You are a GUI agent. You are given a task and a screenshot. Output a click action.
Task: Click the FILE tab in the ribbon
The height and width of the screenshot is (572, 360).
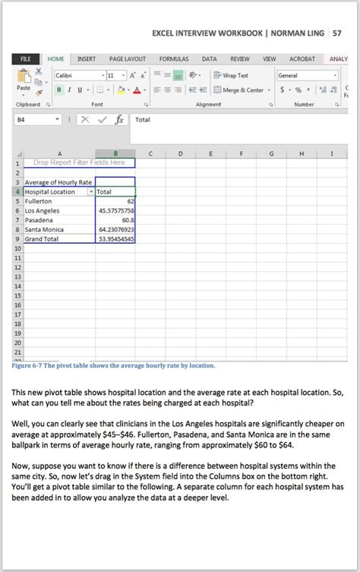click(x=25, y=58)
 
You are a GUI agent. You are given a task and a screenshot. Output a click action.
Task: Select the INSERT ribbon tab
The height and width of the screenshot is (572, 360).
click(x=87, y=58)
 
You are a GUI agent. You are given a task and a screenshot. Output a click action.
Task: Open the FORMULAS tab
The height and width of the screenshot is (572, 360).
click(x=174, y=58)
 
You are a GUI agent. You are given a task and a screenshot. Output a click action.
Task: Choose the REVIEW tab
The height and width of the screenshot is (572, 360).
click(x=240, y=58)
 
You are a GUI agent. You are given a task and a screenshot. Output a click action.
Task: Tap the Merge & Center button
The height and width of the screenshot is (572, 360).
click(x=238, y=90)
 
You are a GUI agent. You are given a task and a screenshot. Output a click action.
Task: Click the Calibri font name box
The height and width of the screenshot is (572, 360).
click(x=76, y=75)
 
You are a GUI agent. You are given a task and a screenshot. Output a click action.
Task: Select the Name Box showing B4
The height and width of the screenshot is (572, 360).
click(x=34, y=120)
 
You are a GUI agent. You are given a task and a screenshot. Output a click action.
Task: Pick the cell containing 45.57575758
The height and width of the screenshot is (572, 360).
click(x=116, y=210)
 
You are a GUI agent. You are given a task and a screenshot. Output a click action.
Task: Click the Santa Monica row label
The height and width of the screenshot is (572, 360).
click(x=43, y=229)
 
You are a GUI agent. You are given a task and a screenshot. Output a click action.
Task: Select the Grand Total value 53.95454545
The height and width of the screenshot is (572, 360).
click(x=116, y=239)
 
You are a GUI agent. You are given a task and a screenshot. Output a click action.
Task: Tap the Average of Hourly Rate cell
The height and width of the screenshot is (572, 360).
click(x=58, y=182)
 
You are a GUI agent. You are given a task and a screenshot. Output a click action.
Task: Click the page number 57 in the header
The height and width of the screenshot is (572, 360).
click(x=337, y=33)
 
